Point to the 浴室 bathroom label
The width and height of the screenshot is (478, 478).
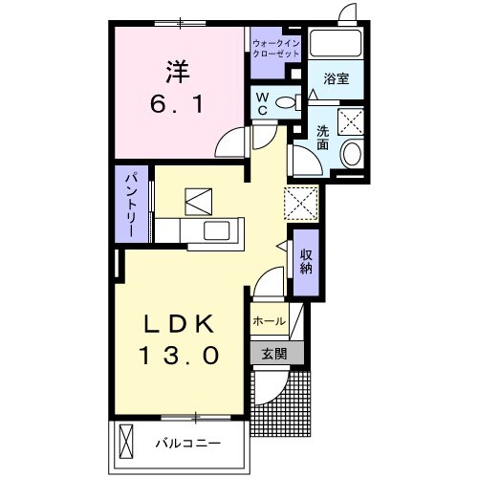(x=336, y=79)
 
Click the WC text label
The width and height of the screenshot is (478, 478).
(x=260, y=103)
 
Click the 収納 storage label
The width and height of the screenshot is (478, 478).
(x=306, y=260)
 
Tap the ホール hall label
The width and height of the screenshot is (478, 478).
(x=270, y=322)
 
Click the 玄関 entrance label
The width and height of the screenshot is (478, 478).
(x=274, y=353)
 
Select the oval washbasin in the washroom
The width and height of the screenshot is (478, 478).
(x=352, y=153)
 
